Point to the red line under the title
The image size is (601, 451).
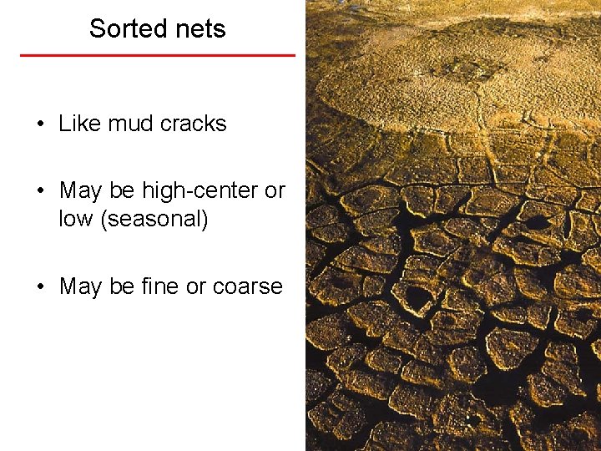pyautogui.click(x=158, y=55)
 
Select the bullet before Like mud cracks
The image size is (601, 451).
pyautogui.click(x=40, y=124)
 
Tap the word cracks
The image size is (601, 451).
pyautogui.click(x=194, y=124)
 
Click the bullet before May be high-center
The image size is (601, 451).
pyautogui.click(x=40, y=191)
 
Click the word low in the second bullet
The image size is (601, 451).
pyautogui.click(x=76, y=220)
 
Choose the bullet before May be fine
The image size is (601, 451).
pyautogui.click(x=40, y=287)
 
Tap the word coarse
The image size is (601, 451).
pyautogui.click(x=248, y=286)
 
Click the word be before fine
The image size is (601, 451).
pyautogui.click(x=122, y=286)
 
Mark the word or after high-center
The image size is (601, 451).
pyautogui.click(x=275, y=190)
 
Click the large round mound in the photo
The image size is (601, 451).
pyautogui.click(x=467, y=71)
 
